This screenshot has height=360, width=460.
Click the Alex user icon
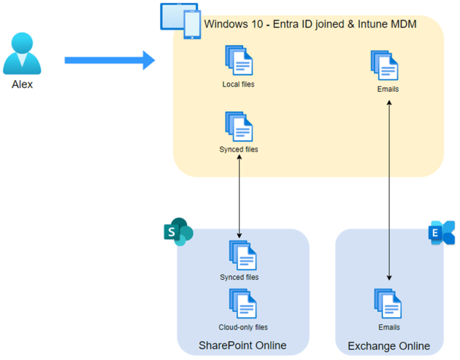coord(22,54)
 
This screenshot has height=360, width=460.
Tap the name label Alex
coord(22,84)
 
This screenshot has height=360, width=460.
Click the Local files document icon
coord(238,60)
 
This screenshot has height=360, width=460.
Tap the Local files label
coord(238,84)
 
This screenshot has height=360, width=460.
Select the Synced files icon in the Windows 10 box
coord(238,126)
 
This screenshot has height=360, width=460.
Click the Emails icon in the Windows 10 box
coord(385,65)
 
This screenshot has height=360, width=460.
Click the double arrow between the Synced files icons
coord(240,195)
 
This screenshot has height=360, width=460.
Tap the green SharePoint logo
coord(177,232)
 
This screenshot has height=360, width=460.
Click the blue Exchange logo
coord(441,232)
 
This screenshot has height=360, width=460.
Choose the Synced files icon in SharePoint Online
coord(243,255)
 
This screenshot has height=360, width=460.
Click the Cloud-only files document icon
coord(243,304)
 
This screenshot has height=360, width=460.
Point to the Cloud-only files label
coord(243,327)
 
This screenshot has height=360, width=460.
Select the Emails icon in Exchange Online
coord(388,304)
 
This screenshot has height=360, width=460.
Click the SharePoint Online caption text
coord(243,346)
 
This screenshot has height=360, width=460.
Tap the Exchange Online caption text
coord(389,346)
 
